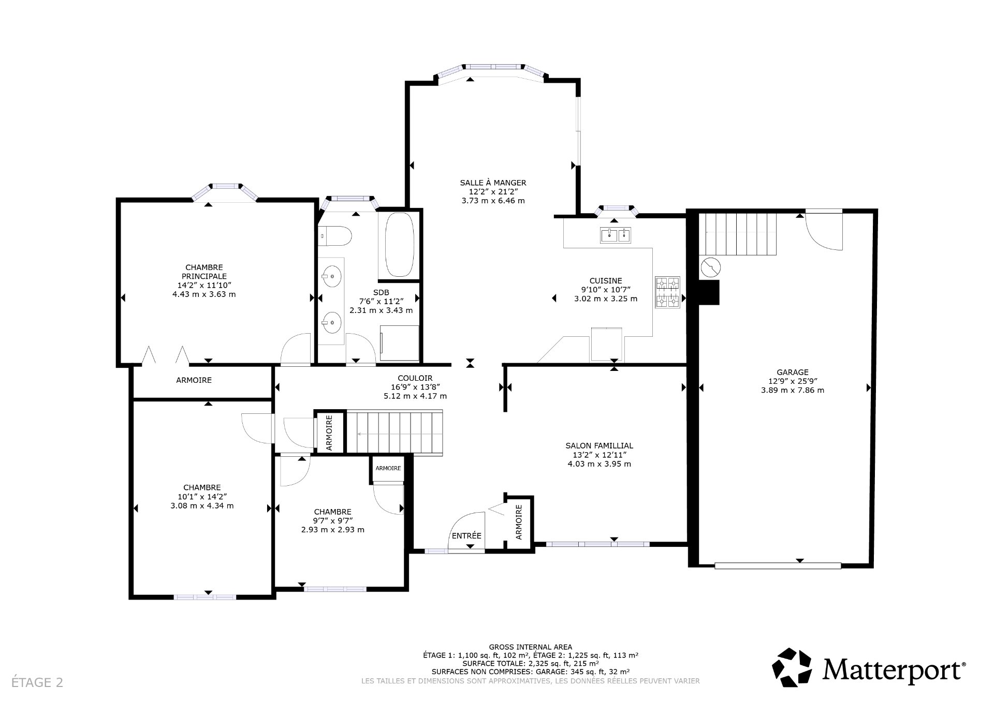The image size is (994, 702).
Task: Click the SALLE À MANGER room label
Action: [493, 183]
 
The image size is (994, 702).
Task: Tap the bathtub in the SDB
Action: [399, 244]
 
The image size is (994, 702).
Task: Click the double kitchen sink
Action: [616, 236]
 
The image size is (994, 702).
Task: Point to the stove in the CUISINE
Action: [667, 293]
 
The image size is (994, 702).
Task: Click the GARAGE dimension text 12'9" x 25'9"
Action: [792, 381]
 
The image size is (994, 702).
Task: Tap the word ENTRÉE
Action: [466, 535]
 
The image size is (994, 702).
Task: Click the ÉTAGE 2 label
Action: [37, 682]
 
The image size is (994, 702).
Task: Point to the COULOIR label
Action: [415, 378]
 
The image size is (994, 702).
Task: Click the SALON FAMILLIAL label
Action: [599, 445]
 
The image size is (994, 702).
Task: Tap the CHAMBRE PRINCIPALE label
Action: [204, 272]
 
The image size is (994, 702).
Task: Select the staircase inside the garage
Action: [738, 234]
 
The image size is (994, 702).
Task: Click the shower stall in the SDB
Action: [399, 342]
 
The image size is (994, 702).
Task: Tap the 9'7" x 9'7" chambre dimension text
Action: [332, 521]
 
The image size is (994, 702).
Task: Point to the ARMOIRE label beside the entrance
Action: [519, 522]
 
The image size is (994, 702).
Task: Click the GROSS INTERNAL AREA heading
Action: [530, 647]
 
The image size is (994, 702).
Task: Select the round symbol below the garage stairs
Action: [710, 267]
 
